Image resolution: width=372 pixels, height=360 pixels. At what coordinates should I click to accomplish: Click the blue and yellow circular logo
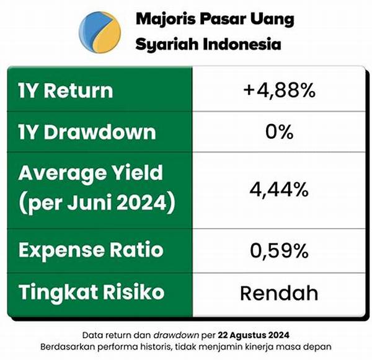pyautogui.click(x=100, y=32)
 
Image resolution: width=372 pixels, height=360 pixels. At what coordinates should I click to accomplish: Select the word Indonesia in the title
pyautogui.click(x=242, y=44)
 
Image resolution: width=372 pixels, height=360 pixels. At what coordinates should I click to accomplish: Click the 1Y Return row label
pyautogui.click(x=66, y=90)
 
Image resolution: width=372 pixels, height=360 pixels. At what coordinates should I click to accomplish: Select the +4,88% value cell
pyautogui.click(x=279, y=90)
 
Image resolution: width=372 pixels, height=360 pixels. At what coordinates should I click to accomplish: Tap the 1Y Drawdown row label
pyautogui.click(x=87, y=131)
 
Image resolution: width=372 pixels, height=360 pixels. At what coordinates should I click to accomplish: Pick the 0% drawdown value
pyautogui.click(x=279, y=131)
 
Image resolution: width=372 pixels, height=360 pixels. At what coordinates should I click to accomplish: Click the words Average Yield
pyautogui.click(x=91, y=173)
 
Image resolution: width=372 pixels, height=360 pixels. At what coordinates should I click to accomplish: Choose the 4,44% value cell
pyautogui.click(x=279, y=190)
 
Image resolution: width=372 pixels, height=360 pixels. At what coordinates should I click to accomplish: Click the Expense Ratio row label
pyautogui.click(x=91, y=250)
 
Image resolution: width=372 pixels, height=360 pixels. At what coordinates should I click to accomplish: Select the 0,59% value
pyautogui.click(x=279, y=251)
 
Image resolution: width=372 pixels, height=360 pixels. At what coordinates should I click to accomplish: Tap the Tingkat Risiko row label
pyautogui.click(x=91, y=292)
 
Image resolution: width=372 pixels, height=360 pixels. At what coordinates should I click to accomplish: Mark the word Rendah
pyautogui.click(x=279, y=293)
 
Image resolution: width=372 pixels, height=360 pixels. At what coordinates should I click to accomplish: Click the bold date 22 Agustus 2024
pyautogui.click(x=254, y=335)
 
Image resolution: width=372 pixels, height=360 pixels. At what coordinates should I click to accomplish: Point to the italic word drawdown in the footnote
pyautogui.click(x=176, y=335)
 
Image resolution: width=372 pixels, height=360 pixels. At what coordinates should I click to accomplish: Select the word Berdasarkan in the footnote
pyautogui.click(x=68, y=347)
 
